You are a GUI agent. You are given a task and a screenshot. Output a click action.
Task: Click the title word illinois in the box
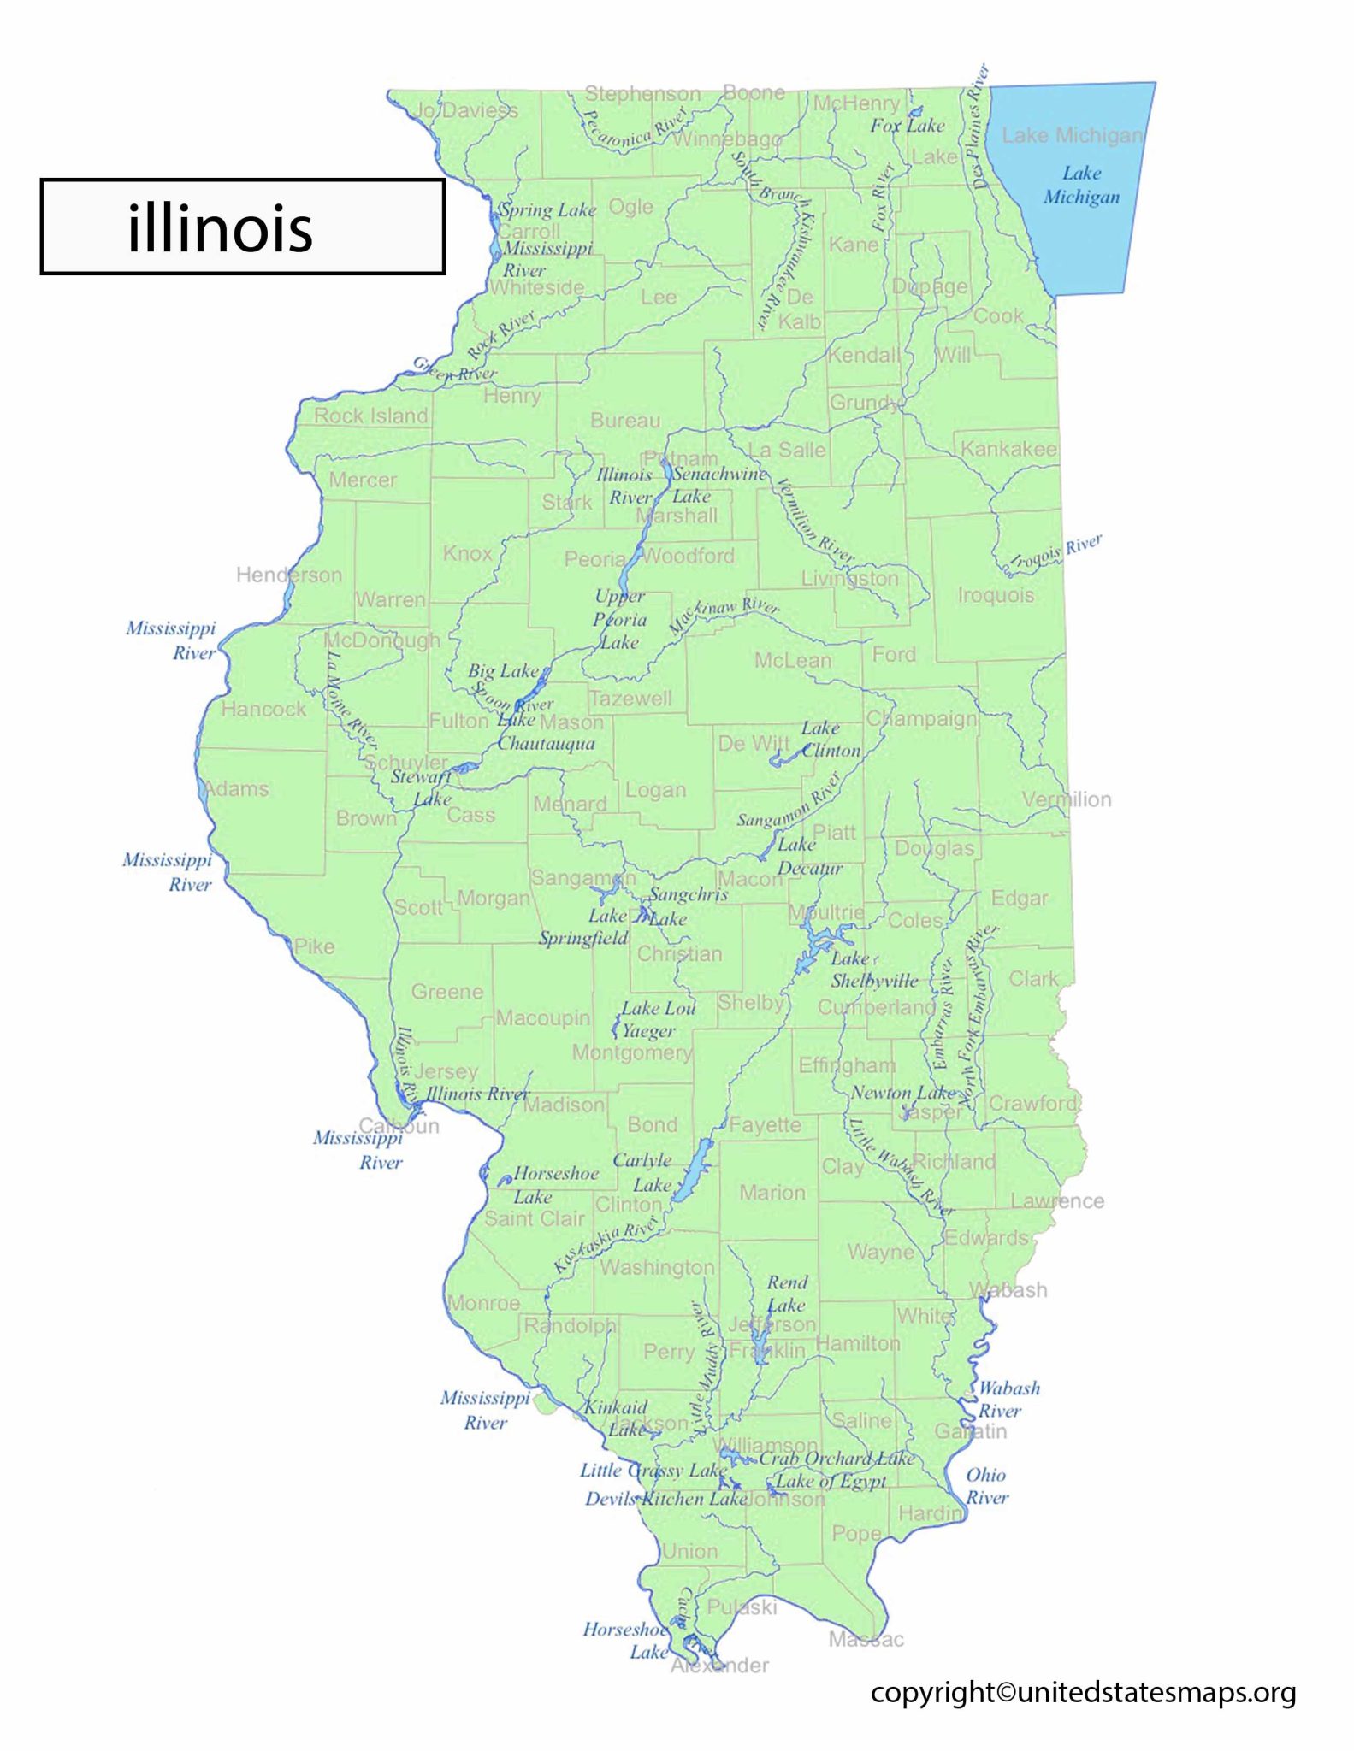click(x=220, y=227)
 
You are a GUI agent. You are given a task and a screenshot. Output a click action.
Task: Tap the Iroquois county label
click(x=996, y=595)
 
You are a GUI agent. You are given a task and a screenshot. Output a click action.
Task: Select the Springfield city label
click(x=582, y=938)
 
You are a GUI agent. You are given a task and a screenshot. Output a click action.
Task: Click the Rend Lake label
click(x=786, y=1294)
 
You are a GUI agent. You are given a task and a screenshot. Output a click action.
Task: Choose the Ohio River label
click(x=986, y=1486)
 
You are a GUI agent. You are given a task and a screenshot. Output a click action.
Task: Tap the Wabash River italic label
click(x=1008, y=1399)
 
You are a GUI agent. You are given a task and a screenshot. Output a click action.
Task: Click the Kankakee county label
click(x=1008, y=449)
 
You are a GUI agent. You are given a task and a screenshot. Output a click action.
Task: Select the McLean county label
click(x=792, y=660)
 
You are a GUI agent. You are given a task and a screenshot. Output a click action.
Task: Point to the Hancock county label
click(x=263, y=709)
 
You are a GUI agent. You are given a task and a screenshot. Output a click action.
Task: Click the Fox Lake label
click(x=907, y=126)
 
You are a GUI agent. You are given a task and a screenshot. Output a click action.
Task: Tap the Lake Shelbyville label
click(x=872, y=970)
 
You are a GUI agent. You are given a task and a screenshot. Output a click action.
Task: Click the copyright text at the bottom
click(x=1083, y=1692)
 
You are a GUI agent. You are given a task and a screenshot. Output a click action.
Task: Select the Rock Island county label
click(x=370, y=416)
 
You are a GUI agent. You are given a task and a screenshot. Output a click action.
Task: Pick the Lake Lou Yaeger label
click(x=657, y=1019)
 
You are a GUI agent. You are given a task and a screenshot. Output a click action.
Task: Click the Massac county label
click(x=866, y=1639)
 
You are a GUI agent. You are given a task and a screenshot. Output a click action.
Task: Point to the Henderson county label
click(x=288, y=575)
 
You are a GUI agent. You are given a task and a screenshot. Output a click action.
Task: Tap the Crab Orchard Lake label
click(x=837, y=1459)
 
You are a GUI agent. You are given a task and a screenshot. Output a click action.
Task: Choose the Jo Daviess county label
click(x=465, y=110)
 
